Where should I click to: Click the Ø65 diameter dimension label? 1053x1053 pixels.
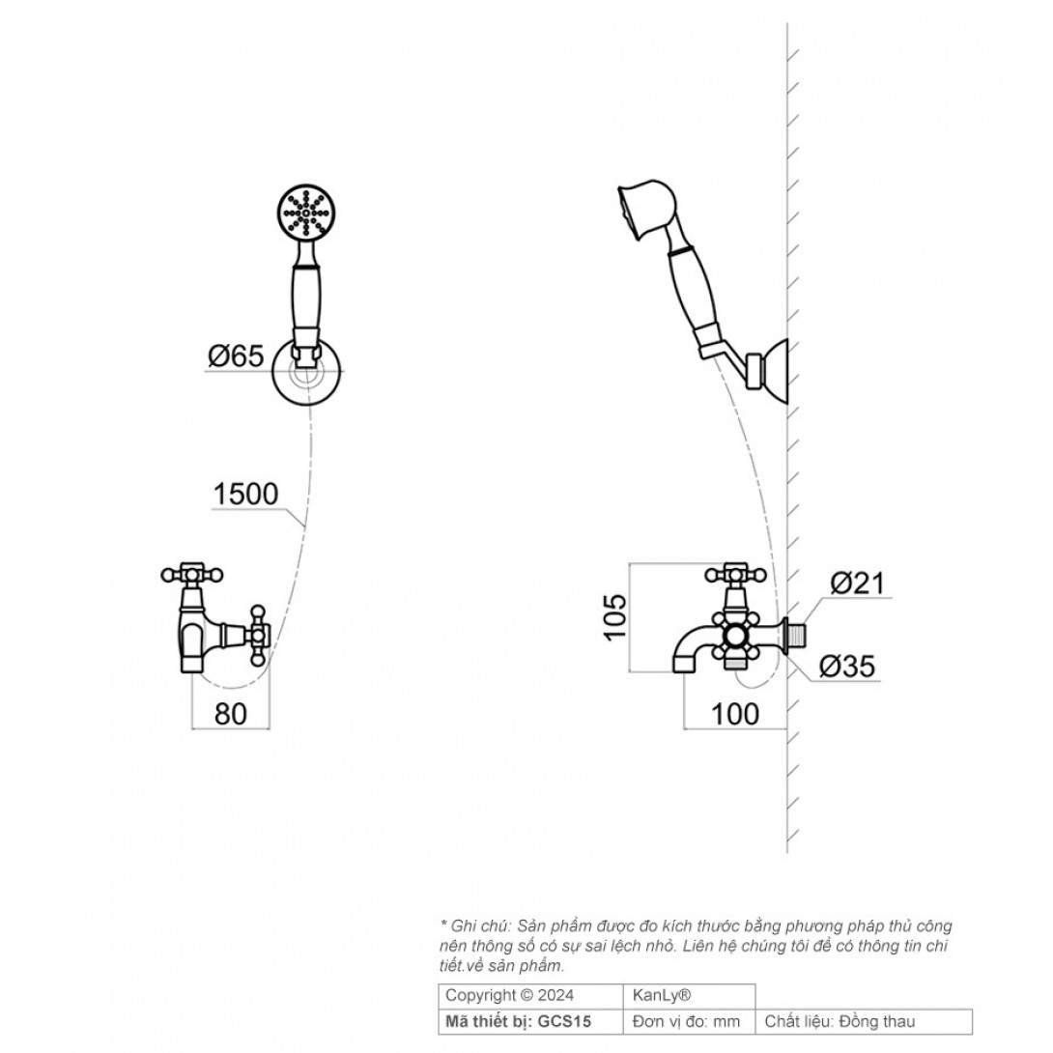(236, 356)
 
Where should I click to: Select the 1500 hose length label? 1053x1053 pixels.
(245, 495)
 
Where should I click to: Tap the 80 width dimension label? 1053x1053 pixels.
(230, 714)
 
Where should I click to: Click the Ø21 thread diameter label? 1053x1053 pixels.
(858, 583)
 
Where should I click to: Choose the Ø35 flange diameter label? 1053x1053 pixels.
(847, 667)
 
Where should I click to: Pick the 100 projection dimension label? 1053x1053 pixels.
(734, 714)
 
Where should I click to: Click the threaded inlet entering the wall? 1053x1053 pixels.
(799, 636)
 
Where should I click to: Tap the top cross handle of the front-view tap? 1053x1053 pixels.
(192, 574)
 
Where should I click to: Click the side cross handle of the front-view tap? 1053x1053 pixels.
(259, 636)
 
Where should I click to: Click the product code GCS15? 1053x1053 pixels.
(564, 1022)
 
